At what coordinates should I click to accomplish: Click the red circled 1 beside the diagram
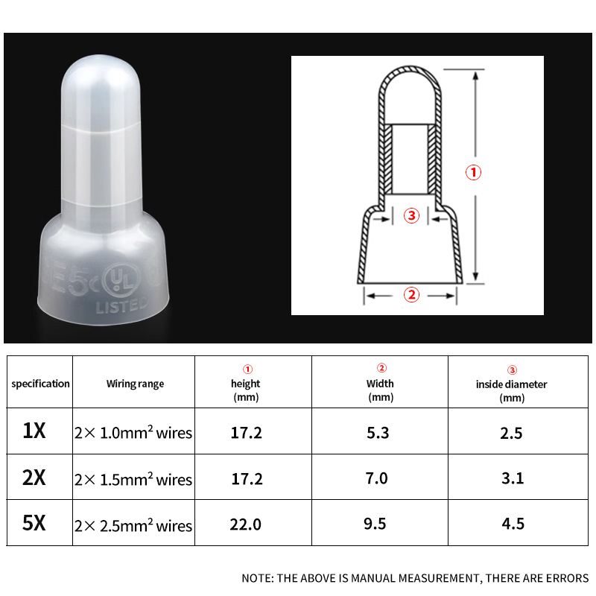pyautogui.click(x=474, y=172)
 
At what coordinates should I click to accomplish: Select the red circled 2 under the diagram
pyautogui.click(x=411, y=295)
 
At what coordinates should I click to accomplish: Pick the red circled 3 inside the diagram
pyautogui.click(x=412, y=217)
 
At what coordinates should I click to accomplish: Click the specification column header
pyautogui.click(x=40, y=384)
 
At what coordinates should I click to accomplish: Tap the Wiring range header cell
pyautogui.click(x=134, y=384)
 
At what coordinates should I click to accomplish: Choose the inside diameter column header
pyautogui.click(x=511, y=384)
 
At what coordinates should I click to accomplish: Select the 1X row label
pyautogui.click(x=34, y=431)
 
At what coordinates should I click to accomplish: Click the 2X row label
pyautogui.click(x=34, y=478)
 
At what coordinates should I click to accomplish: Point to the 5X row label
pyautogui.click(x=34, y=524)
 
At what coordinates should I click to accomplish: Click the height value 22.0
pyautogui.click(x=247, y=524)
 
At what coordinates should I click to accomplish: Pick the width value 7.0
pyautogui.click(x=378, y=478)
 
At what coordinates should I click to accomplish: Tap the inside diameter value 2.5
pyautogui.click(x=511, y=433)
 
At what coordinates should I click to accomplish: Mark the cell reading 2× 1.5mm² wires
pyautogui.click(x=133, y=479)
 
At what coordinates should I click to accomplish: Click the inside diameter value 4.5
pyautogui.click(x=513, y=524)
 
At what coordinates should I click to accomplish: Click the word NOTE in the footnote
pyautogui.click(x=257, y=578)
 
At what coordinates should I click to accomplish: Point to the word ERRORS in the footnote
pyautogui.click(x=568, y=578)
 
